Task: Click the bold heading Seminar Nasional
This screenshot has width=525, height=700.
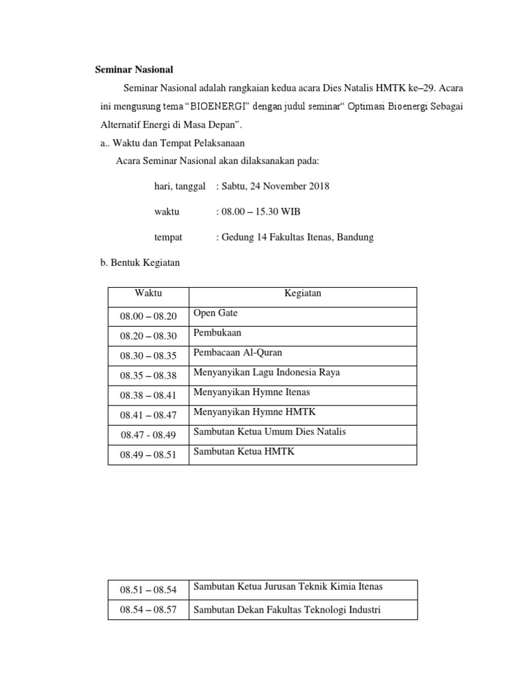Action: [133, 70]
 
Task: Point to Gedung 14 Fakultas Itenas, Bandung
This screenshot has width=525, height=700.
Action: [295, 238]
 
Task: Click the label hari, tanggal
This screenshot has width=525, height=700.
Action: [180, 186]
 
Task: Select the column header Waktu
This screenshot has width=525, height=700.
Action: [148, 293]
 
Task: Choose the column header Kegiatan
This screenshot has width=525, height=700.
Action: [302, 293]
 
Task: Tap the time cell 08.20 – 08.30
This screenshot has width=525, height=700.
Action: [148, 336]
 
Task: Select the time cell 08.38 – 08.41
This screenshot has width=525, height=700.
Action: [148, 395]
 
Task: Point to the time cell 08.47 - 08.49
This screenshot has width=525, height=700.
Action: [148, 435]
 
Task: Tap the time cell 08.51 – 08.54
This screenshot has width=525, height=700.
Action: [148, 589]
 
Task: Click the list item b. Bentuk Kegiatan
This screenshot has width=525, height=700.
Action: [139, 263]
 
